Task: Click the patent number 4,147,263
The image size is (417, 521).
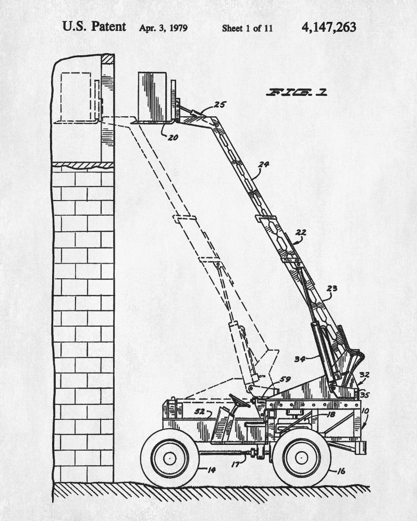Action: coord(328,27)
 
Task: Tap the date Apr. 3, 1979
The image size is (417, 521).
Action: coord(163,28)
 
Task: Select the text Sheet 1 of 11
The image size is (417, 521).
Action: coord(247,28)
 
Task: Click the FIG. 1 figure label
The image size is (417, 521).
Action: coord(297,93)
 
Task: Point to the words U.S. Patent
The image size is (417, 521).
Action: coord(94,27)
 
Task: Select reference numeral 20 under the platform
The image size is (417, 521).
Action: coord(172,138)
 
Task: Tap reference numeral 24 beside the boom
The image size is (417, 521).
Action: coord(264,165)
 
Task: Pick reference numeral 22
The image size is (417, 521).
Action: coord(301,232)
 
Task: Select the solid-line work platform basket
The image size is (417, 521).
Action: coord(155,97)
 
